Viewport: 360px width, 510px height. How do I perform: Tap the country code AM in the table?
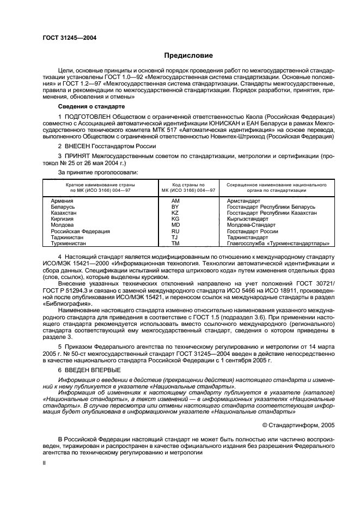tap(175, 201)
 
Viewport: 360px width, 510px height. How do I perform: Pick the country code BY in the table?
tap(175, 207)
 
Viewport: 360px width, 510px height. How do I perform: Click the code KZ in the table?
tap(175, 213)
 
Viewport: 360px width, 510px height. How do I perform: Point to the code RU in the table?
tap(175, 232)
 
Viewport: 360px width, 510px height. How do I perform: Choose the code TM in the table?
tap(175, 244)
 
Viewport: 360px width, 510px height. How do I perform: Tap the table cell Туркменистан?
tap(68, 244)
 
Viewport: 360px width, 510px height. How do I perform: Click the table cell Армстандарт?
tap(243, 201)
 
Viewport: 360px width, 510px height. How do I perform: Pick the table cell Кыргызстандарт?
tap(247, 219)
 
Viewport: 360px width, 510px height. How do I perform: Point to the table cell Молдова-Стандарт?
tap(250, 225)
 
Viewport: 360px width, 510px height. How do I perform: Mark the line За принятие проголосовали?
tap(90, 172)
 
